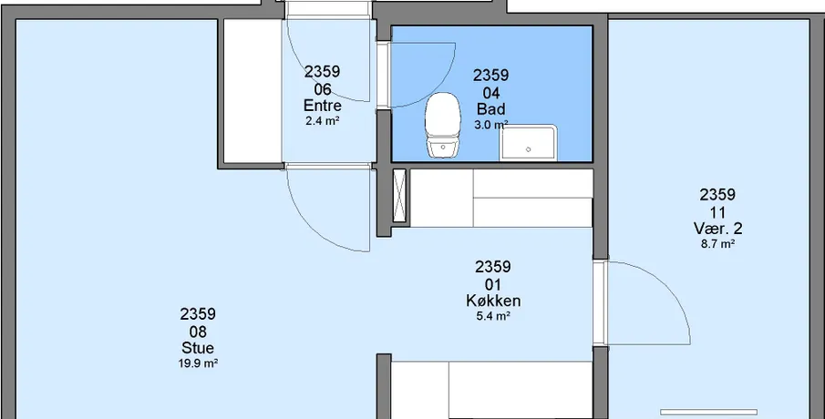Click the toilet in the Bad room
click(443, 125)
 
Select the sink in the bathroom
click(528, 143)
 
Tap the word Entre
click(322, 106)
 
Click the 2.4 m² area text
click(322, 121)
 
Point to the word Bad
click(490, 109)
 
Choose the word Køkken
click(493, 301)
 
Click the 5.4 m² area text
click(493, 316)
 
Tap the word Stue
click(198, 348)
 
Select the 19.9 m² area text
click(198, 363)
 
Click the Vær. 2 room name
click(717, 229)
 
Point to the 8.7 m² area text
click(717, 244)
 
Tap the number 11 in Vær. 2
click(717, 213)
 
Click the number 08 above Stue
click(198, 332)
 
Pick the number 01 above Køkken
click(493, 285)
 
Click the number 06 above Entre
click(322, 89)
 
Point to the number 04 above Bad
click(490, 94)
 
